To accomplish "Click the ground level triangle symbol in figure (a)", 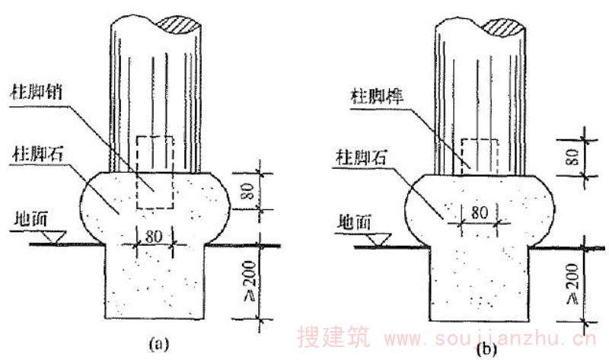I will tap(54, 237).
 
